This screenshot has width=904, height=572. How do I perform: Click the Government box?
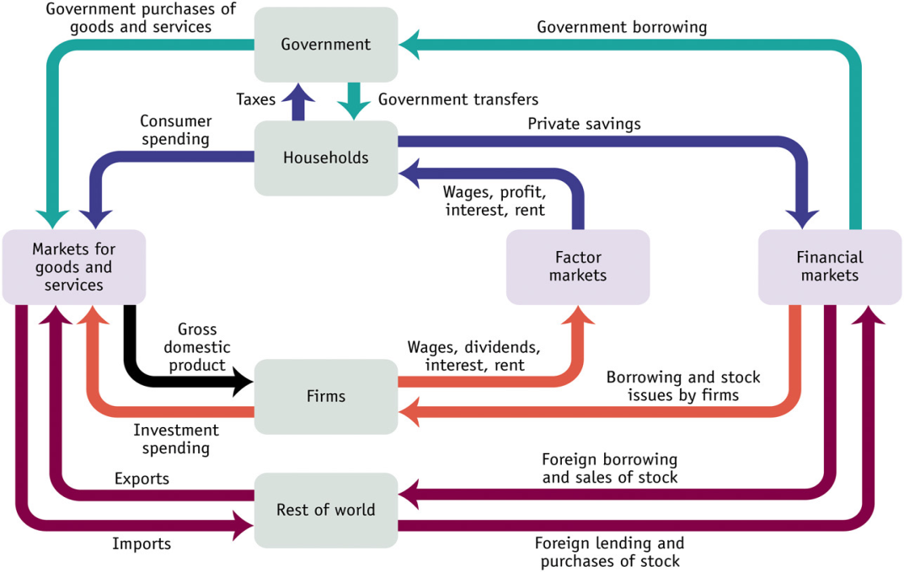pos(326,45)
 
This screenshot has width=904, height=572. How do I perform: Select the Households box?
pos(326,158)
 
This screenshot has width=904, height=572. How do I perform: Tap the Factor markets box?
pos(578,266)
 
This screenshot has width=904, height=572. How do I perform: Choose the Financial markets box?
pos(830,266)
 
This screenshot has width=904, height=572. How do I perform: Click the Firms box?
pos(326,396)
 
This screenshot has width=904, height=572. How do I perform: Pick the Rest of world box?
pos(326,510)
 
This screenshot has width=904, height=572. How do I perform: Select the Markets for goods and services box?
pos(73,266)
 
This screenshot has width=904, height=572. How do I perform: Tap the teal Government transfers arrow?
pos(354,103)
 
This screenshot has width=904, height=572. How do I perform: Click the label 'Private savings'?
pos(584,124)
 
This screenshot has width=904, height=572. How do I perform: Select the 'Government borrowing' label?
pos(622,27)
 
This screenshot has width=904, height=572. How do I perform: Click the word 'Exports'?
pos(142,479)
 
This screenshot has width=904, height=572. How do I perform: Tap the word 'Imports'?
pos(142,543)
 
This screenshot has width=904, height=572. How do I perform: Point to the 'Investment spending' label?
pos(175,439)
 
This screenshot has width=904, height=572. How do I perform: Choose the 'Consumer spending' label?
pos(175,130)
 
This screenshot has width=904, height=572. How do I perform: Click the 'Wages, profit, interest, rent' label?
pos(495,200)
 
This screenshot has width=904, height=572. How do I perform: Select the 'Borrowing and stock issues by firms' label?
pos(683,385)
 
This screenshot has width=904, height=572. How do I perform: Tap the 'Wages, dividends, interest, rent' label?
pos(474,355)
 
